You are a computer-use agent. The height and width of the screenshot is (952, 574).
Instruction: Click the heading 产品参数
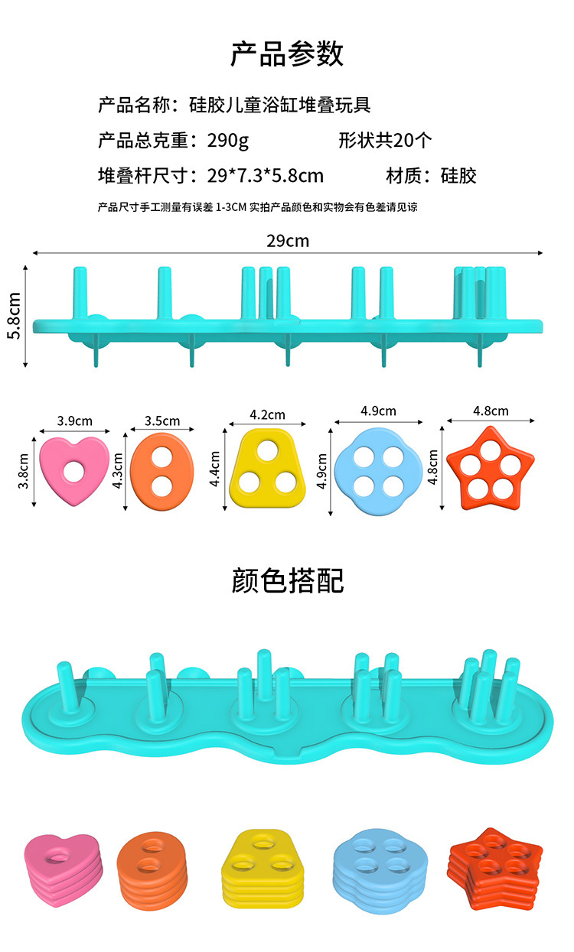pyautogui.click(x=287, y=54)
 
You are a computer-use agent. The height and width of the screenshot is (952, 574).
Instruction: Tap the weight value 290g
pyautogui.click(x=228, y=141)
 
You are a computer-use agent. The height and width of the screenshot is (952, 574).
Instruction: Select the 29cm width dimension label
pyautogui.click(x=288, y=241)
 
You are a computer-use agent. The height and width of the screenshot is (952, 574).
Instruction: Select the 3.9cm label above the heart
pyautogui.click(x=74, y=421)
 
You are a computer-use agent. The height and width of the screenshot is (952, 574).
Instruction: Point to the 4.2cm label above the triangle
pyautogui.click(x=267, y=414)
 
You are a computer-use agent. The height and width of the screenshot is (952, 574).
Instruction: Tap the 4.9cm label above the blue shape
pyautogui.click(x=378, y=411)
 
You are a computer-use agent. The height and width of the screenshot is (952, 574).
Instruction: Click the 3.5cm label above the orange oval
pyautogui.click(x=162, y=421)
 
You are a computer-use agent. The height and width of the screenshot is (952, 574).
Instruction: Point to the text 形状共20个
pyautogui.click(x=385, y=141)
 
